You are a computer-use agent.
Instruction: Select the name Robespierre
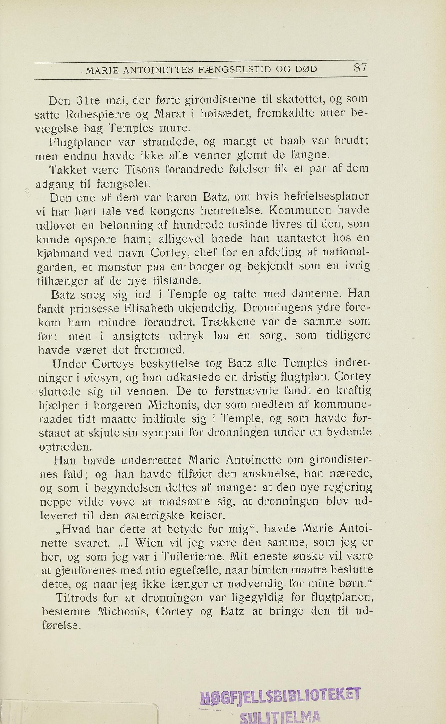point(97,114)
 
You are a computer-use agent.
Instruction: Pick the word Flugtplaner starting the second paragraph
point(80,142)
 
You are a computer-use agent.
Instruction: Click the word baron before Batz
point(182,197)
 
